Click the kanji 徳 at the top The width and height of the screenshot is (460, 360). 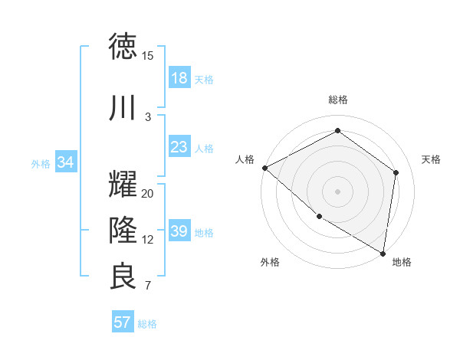[x=123, y=47]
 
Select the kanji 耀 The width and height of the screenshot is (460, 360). [x=123, y=185]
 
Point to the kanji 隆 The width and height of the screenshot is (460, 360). [x=123, y=230]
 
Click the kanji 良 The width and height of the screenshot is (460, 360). [x=123, y=277]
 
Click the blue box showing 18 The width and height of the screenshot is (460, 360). [x=179, y=78]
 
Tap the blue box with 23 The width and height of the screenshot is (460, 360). [x=179, y=147]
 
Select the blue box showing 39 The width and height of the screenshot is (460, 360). [x=179, y=231]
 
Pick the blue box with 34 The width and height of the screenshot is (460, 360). [x=66, y=162]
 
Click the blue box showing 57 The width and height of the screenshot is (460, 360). [x=123, y=322]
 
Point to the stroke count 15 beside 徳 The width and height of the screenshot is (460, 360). [x=148, y=56]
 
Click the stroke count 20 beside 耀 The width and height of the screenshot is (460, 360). [x=148, y=194]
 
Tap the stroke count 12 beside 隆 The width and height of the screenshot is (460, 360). [x=148, y=240]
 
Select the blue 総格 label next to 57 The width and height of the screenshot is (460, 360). [x=147, y=324]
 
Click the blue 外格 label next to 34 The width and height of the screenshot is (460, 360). [x=41, y=163]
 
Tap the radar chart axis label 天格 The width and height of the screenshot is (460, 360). [x=431, y=159]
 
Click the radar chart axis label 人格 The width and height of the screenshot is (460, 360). [x=245, y=159]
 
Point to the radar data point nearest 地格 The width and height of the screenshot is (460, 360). [x=383, y=253]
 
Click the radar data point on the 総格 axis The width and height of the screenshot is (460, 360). [x=337, y=130]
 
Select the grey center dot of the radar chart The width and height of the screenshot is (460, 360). [x=337, y=191]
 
